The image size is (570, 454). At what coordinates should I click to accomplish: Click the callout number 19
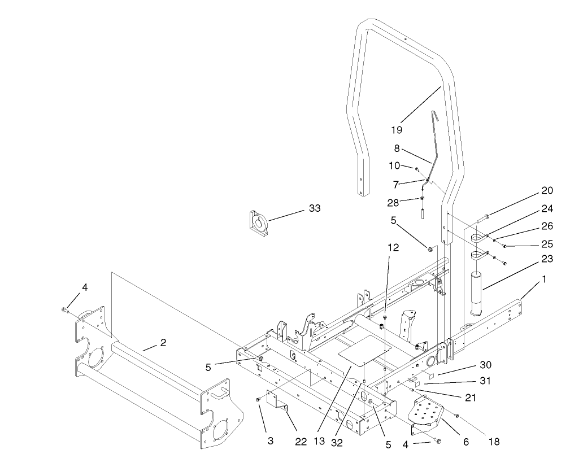pos(397,129)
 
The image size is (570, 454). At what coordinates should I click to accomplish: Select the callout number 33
pos(314,208)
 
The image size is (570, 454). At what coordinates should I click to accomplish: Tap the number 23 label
pos(546,259)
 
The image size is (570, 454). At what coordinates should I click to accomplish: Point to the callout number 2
pos(163,343)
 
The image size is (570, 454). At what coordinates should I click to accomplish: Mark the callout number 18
pos(494,442)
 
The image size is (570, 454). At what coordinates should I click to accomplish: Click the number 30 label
pos(486,365)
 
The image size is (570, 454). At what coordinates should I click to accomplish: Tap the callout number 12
pos(393,247)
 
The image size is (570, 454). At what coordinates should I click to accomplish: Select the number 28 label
pos(393,202)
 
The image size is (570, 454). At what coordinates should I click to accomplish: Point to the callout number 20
pos(546,190)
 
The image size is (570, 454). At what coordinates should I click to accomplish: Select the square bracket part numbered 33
pos(259,221)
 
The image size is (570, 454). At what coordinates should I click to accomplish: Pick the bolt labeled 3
pos(258,399)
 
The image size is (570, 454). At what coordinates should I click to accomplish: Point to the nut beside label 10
pos(417,169)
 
